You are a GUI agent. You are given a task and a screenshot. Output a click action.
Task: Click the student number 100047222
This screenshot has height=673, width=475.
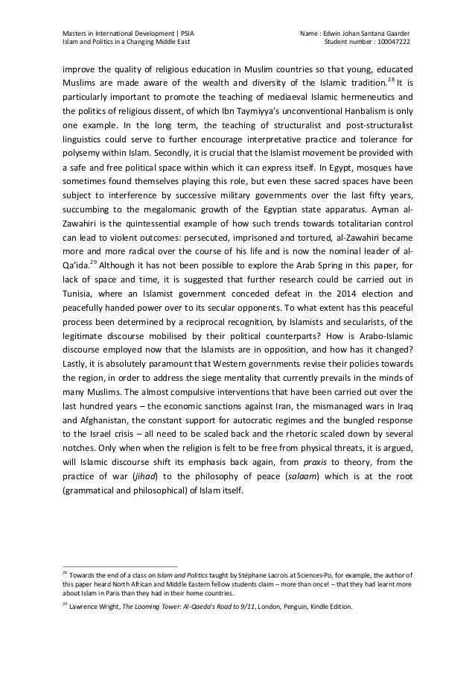click(390, 40)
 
